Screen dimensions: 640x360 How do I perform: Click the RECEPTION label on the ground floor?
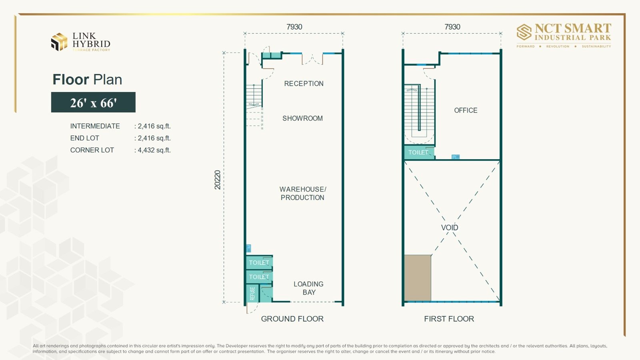[x=304, y=84]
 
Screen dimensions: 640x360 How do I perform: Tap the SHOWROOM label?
[x=302, y=118]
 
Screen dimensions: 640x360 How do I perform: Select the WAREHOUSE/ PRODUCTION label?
[x=302, y=194]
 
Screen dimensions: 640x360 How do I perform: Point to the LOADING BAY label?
[x=308, y=288]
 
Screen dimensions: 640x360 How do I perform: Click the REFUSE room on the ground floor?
[x=252, y=293]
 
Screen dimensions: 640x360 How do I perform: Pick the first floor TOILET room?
[x=419, y=152]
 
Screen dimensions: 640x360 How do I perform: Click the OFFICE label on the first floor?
[x=466, y=110]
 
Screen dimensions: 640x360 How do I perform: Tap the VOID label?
[x=450, y=228]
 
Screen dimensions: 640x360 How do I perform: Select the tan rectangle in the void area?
[x=418, y=278]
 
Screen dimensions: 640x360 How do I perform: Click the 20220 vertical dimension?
[x=218, y=180]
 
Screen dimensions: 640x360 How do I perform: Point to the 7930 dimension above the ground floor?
[x=294, y=27]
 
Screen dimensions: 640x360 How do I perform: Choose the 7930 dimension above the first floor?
[x=452, y=27]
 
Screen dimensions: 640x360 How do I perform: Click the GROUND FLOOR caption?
[x=292, y=319]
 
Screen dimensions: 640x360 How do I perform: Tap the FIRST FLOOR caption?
[x=449, y=319]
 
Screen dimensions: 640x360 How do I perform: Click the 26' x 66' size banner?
[x=93, y=102]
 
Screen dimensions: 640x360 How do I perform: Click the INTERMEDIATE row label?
[x=95, y=126]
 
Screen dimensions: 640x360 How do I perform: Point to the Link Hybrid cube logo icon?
[x=59, y=42]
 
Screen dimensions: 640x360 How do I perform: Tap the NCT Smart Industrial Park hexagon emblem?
[x=524, y=32]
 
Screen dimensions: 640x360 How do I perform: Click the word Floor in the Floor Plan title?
[x=70, y=80]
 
